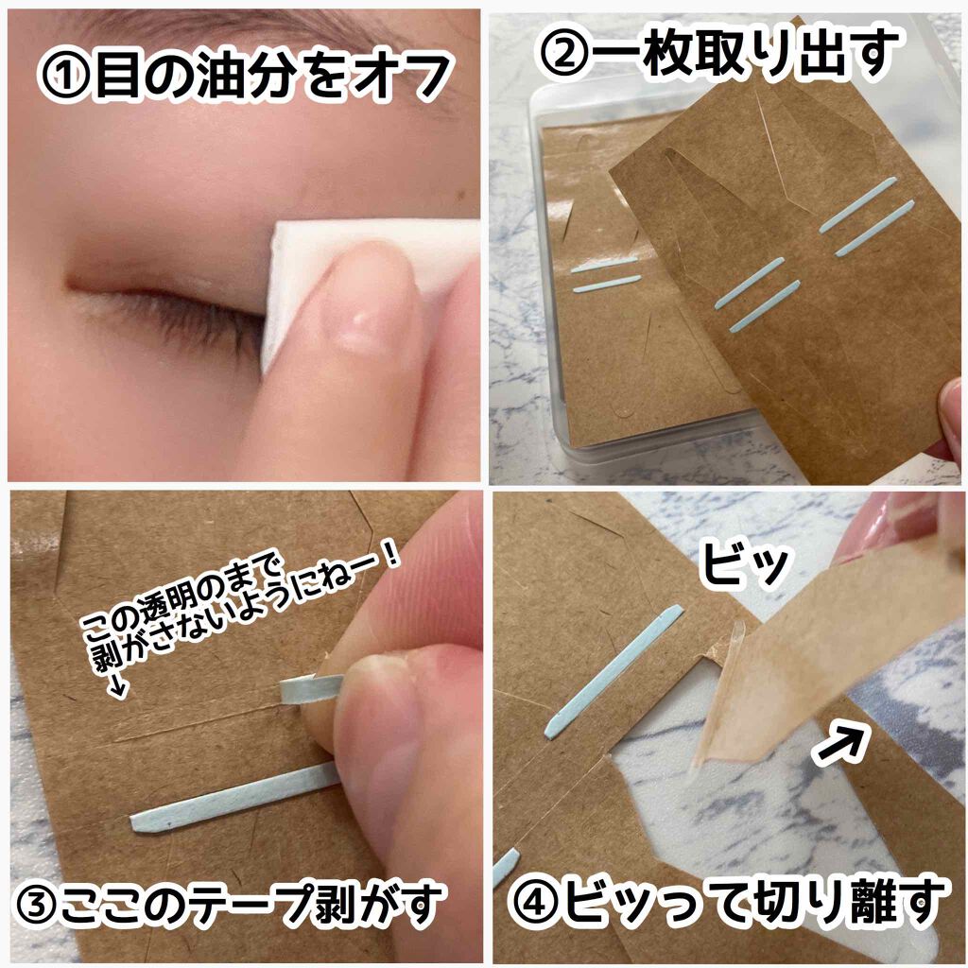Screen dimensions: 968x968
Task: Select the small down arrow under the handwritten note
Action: pos(117,689)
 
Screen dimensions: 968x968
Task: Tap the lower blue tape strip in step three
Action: pos(232,802)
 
